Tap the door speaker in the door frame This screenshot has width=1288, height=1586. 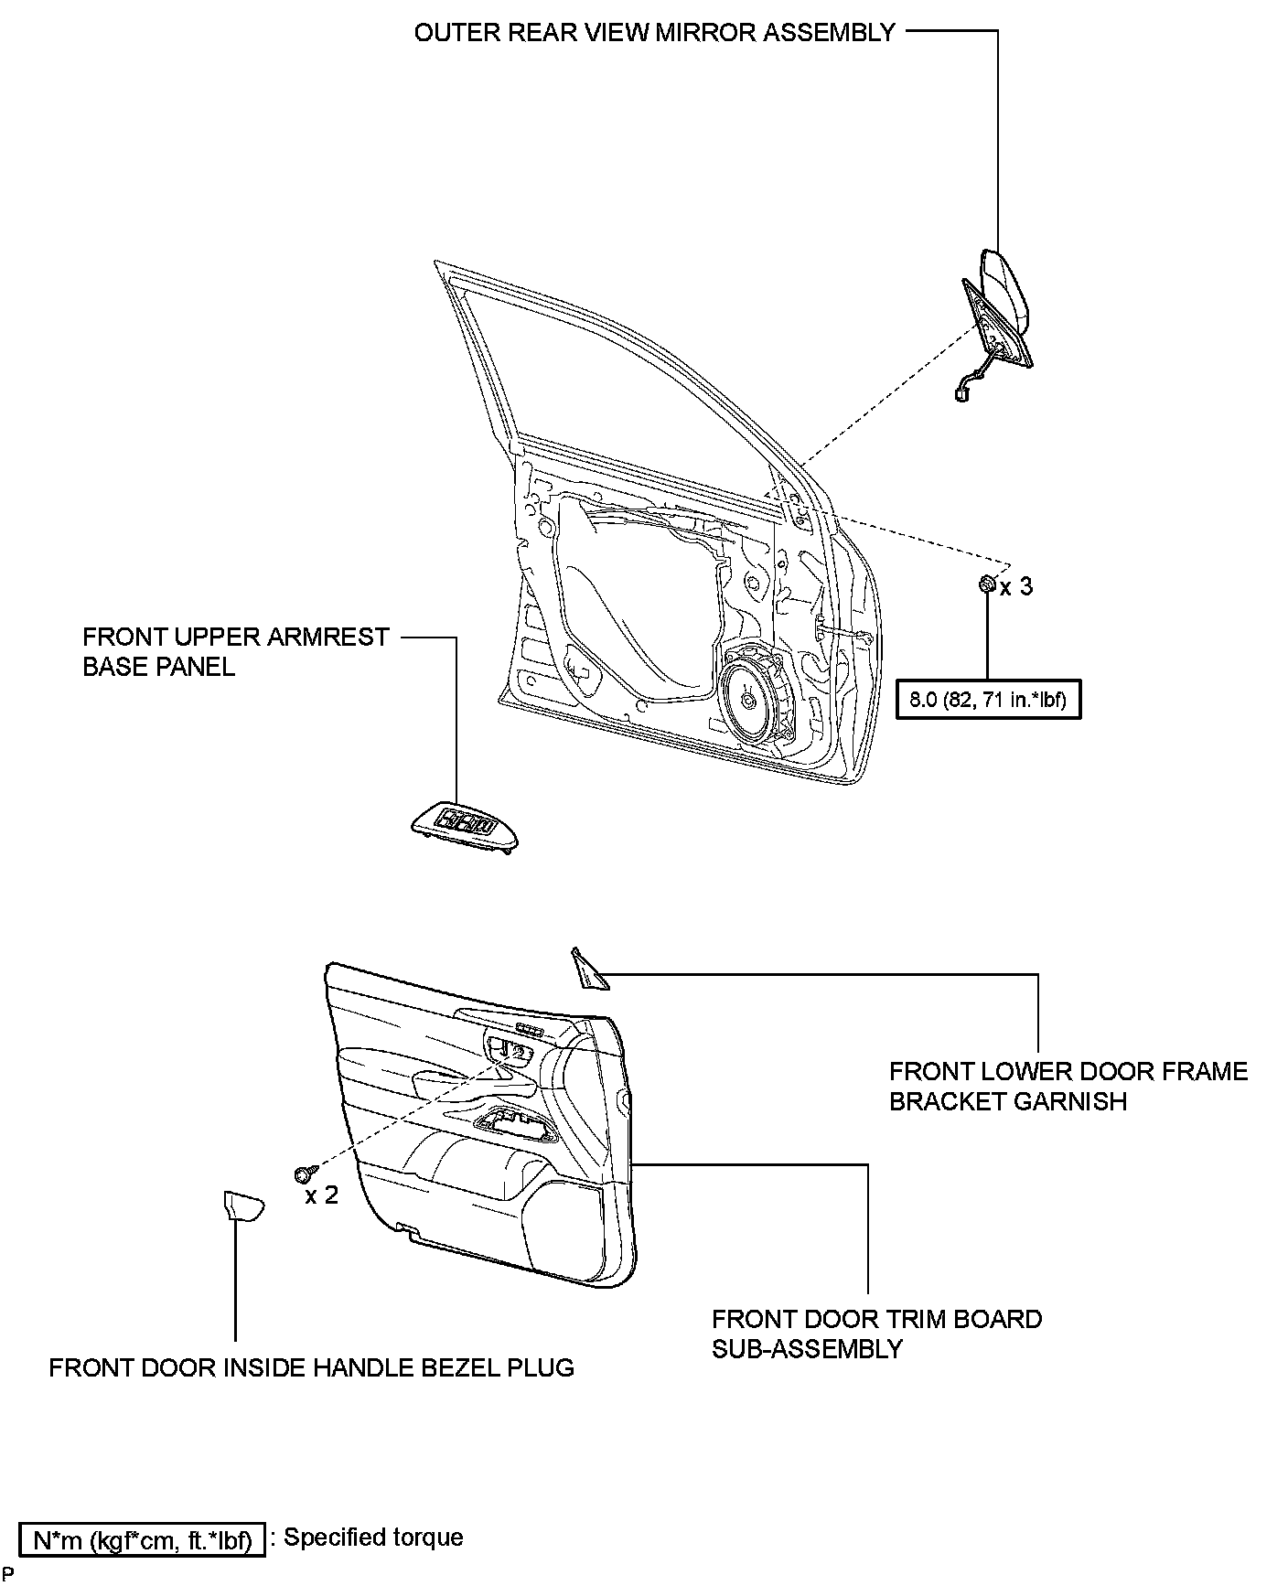[x=750, y=700]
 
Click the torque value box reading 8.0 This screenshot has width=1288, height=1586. [x=988, y=702]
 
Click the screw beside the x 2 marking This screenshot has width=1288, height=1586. [x=305, y=1173]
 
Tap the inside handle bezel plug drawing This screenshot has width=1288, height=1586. [x=243, y=1206]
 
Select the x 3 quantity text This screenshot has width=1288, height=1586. [x=1015, y=586]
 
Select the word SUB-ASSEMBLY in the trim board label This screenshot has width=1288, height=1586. [x=807, y=1348]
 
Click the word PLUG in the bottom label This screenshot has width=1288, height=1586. [x=542, y=1368]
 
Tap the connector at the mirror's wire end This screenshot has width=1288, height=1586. [x=961, y=395]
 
